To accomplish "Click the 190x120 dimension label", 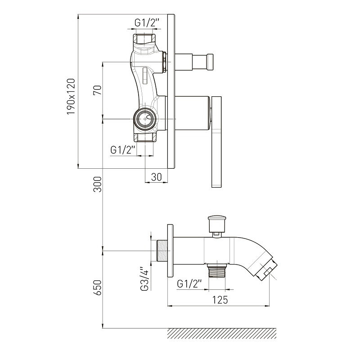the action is (x=71, y=96).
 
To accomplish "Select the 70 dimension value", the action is (x=97, y=90).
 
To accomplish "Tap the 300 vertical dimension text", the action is (x=97, y=184).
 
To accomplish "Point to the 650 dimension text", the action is (x=97, y=288).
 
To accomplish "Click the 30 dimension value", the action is (x=157, y=177).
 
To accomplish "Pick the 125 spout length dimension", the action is (x=220, y=300).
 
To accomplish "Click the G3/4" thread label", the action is (x=145, y=278).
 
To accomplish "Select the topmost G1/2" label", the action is (x=147, y=23).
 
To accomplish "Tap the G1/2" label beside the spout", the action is (x=189, y=284).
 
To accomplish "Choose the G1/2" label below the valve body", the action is (x=122, y=150).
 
